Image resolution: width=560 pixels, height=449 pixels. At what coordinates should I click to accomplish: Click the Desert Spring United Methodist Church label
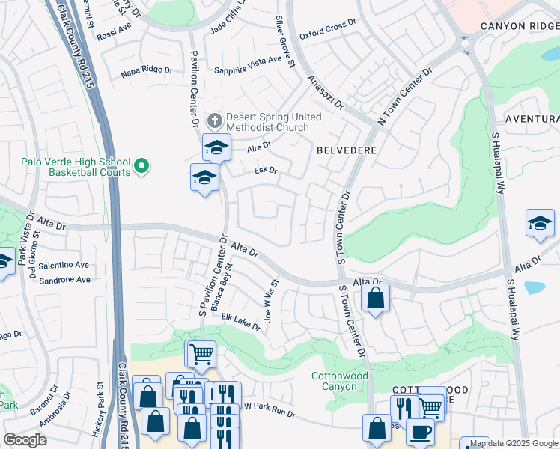(273, 122)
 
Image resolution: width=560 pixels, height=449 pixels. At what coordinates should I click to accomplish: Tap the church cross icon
(214, 119)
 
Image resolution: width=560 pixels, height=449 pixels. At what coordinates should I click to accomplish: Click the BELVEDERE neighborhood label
(346, 150)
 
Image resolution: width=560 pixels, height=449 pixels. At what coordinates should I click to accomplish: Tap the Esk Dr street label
(266, 171)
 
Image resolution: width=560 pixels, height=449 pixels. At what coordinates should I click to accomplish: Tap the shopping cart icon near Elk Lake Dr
(201, 353)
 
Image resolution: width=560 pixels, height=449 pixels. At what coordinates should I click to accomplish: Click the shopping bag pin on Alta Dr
(376, 298)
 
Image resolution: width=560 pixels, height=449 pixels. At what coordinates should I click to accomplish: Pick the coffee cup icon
(420, 432)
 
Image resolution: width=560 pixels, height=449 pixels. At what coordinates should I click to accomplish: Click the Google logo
(25, 440)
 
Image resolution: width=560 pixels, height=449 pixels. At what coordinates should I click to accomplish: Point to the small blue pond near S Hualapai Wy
(535, 287)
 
